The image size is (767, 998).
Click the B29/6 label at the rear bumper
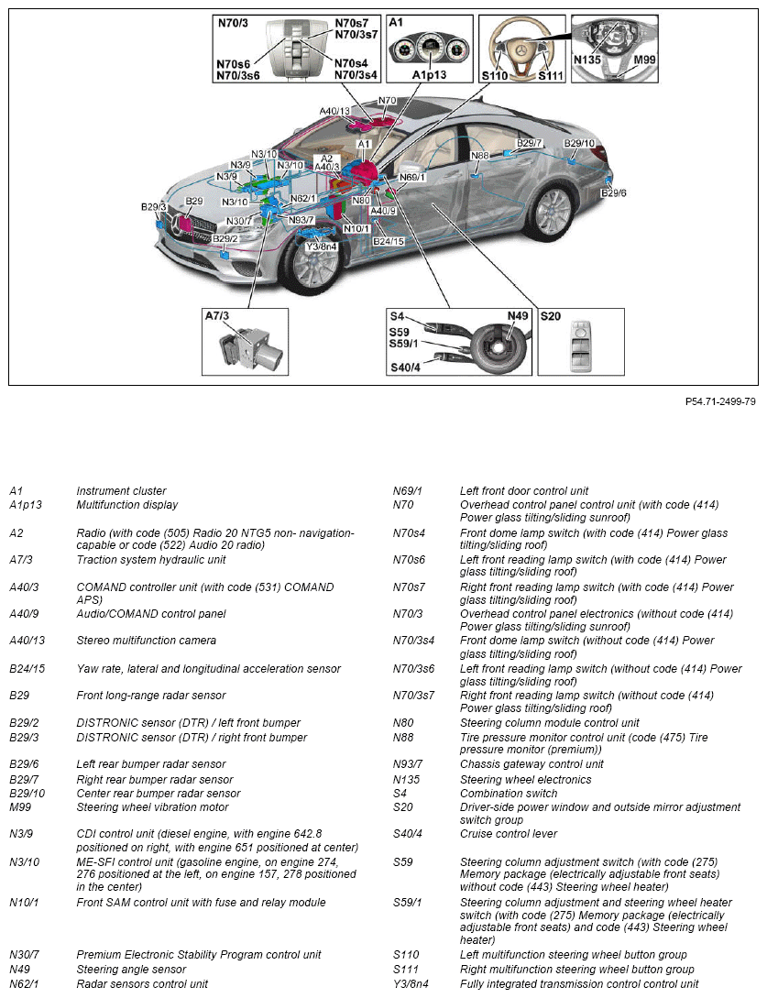coord(613,192)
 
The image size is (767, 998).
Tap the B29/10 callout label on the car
coord(579,143)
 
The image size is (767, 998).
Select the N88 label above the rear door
coord(480,156)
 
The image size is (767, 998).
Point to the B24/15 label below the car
coord(388,241)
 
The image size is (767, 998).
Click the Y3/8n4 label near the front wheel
coord(322,247)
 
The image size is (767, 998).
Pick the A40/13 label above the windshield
coord(335,111)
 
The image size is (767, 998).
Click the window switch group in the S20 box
coord(581,345)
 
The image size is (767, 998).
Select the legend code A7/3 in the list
coord(24,559)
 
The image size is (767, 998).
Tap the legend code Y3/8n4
coord(411,983)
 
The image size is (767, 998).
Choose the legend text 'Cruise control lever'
coord(508,834)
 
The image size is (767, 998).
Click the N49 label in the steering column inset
coord(519,316)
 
